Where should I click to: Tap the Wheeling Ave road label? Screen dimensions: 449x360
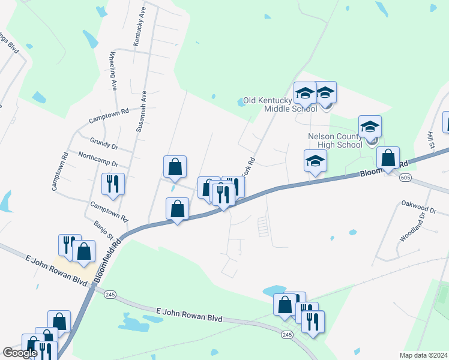click(112, 71)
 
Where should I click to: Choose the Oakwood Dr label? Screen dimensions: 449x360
click(417, 204)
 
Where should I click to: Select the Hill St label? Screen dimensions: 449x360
click(431, 139)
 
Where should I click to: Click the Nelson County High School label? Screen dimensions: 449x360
click(335, 140)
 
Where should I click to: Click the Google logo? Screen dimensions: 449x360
click(19, 353)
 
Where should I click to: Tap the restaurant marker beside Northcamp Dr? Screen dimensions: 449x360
click(113, 184)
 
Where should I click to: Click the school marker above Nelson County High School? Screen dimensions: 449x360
click(370, 127)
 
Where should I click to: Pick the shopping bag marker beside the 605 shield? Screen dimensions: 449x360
click(388, 158)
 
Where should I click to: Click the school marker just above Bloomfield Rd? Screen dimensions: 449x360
click(315, 161)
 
